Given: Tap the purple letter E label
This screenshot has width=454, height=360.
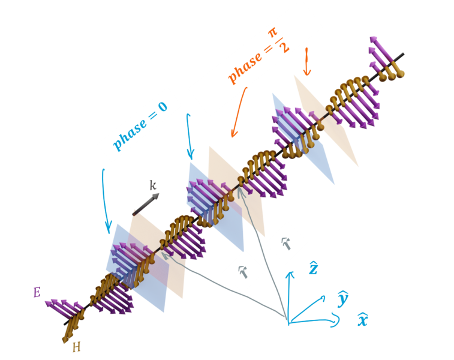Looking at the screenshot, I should coord(37,293).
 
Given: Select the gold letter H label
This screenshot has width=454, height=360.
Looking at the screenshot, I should coord(76,346).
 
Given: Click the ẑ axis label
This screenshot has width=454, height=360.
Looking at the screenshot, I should coord(313,268).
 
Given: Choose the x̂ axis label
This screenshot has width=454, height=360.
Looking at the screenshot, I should coord(362,320).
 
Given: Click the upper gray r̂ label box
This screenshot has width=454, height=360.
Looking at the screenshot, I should coord(287,243).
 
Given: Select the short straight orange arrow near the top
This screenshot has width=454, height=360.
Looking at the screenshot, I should coord(306,61).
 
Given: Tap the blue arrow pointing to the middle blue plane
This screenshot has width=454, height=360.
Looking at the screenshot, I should coord(190,135).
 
